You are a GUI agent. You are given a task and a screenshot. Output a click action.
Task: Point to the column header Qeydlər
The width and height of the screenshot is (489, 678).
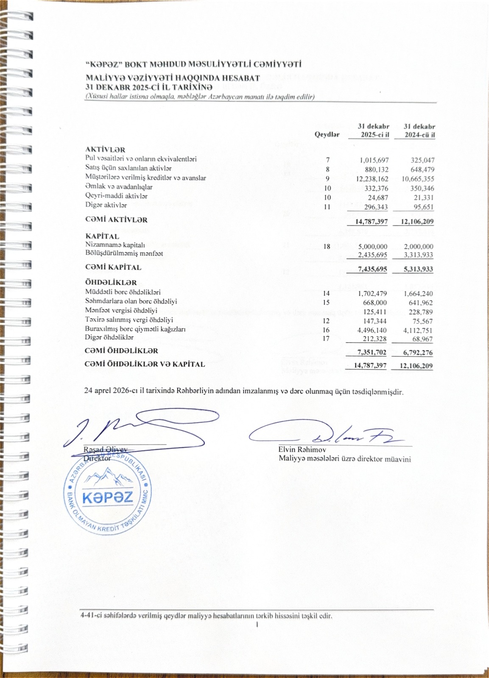[327, 134]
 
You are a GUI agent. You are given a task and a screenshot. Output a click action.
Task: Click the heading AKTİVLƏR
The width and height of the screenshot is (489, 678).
[105, 150]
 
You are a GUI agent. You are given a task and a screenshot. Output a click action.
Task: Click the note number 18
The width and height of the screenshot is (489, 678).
[327, 246]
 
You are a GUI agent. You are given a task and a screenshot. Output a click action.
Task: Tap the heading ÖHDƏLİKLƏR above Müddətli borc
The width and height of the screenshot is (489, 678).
[111, 283]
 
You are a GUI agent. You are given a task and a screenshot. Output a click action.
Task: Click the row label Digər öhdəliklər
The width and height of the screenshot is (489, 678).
[109, 338]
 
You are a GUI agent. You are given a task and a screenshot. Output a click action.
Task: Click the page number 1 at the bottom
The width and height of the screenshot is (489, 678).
[257, 625]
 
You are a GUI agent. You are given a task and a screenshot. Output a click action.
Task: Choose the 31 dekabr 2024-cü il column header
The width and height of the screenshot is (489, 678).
[419, 131]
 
